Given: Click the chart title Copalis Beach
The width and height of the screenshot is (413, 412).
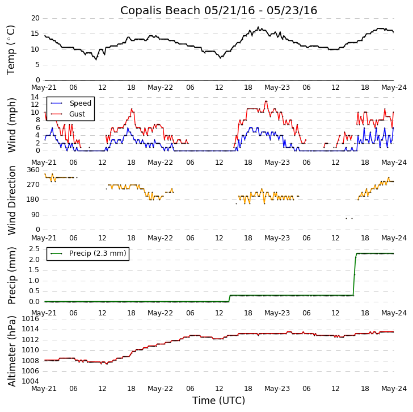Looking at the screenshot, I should click(x=218, y=10).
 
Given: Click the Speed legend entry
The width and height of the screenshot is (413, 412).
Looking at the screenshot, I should click(x=80, y=103).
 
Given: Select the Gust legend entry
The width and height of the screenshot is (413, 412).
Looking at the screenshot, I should click(x=77, y=114).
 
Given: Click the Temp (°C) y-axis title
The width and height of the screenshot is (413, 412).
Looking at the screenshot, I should click(x=11, y=49).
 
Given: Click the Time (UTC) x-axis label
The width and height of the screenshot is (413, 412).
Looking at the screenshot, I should click(x=218, y=401).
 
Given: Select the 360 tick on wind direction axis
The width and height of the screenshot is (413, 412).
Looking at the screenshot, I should click(x=33, y=170).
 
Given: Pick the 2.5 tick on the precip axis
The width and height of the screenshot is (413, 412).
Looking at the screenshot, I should click(x=33, y=249).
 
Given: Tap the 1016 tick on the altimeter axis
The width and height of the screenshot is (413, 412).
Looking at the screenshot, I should click(x=31, y=319).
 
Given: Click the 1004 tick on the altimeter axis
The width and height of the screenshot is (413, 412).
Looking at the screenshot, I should click(x=31, y=381).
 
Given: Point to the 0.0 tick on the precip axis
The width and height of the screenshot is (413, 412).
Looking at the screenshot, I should click(x=33, y=302).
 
